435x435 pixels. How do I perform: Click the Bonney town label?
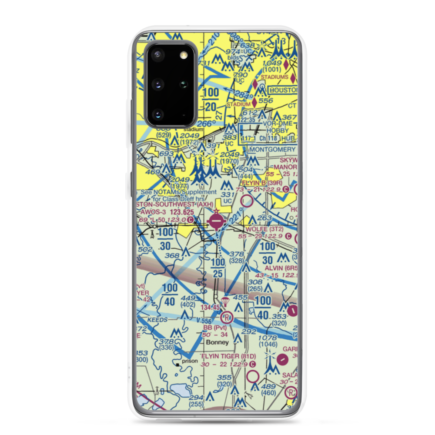tap(217, 342)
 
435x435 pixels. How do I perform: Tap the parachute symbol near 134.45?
tap(225, 301)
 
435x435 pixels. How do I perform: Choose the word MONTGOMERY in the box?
tap(272, 149)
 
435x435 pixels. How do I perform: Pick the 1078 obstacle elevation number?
tap(268, 338)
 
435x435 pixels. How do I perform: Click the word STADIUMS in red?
tap(274, 77)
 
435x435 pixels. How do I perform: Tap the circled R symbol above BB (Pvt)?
tap(226, 317)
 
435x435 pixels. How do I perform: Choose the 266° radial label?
tap(206, 124)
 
